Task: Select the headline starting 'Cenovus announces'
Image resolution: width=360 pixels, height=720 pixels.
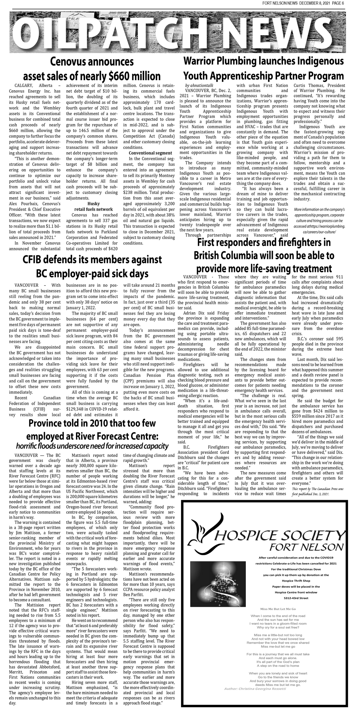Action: [92, 62]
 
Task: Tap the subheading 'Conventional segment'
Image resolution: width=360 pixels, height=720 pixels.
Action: [150, 153]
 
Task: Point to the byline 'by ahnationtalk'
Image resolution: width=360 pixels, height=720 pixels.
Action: [199, 85]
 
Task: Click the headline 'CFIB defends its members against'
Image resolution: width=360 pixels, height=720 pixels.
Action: [92, 260]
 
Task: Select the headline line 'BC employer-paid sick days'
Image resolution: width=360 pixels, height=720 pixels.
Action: [92, 274]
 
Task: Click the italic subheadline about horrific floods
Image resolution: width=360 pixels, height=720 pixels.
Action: [92, 446]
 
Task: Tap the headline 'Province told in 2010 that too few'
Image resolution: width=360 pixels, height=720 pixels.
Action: [92, 423]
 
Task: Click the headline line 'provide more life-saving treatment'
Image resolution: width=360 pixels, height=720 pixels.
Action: [264, 269]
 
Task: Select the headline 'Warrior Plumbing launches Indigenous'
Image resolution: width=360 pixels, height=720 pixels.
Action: [264, 61]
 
